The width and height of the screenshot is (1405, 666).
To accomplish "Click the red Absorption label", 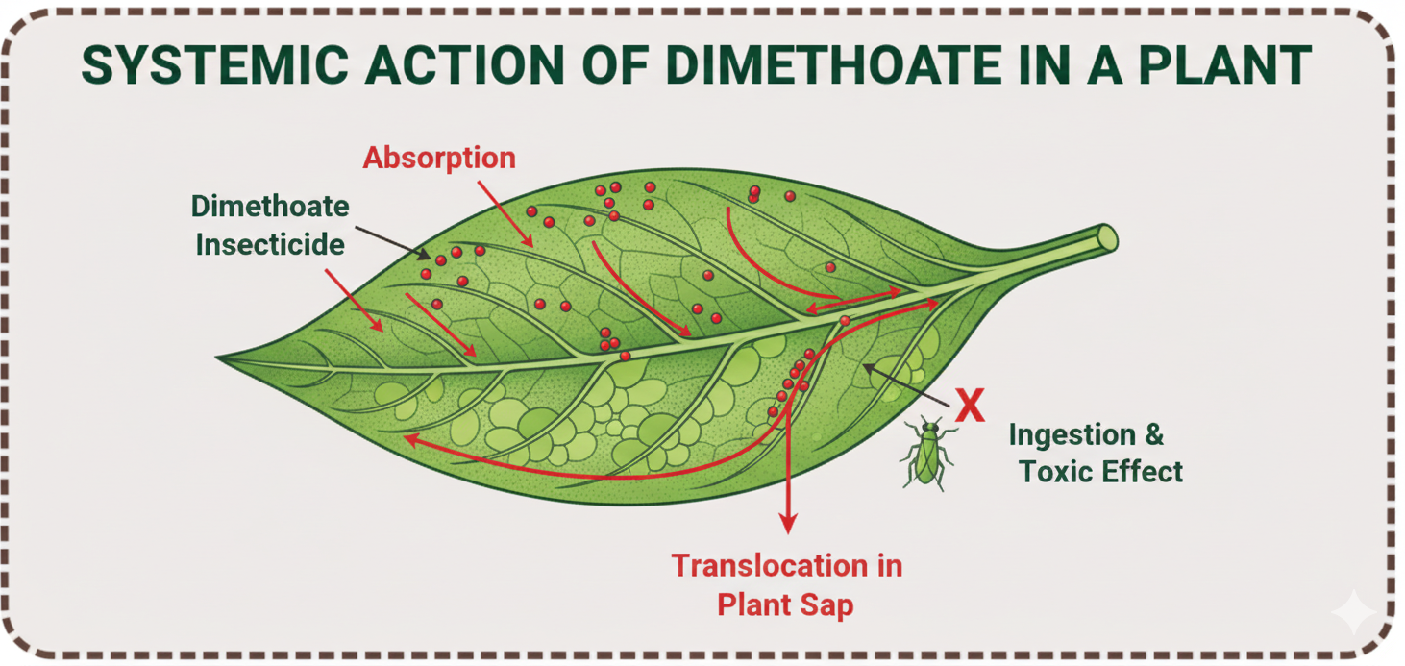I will click(438, 158).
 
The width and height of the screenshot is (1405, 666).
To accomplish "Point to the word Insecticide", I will click(270, 244).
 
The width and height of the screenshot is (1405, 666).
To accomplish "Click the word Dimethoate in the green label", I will click(270, 206).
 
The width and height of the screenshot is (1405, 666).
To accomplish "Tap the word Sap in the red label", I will click(827, 604).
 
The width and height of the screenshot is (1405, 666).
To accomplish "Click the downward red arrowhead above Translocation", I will click(788, 522).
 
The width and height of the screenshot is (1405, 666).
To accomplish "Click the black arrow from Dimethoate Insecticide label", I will click(390, 241).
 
